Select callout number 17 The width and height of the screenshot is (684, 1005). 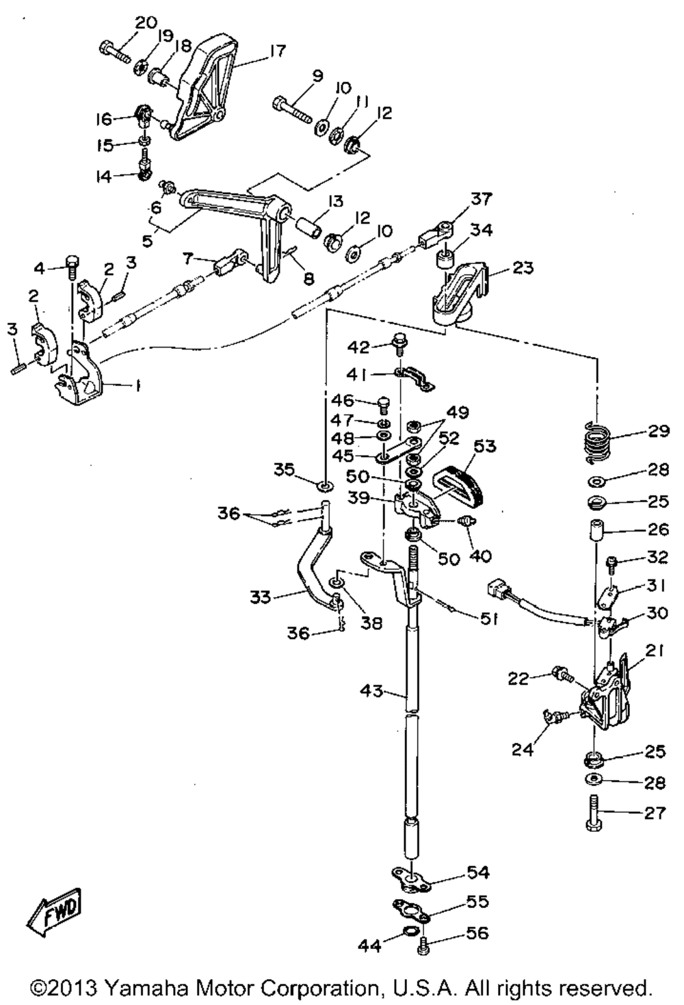[x=277, y=51]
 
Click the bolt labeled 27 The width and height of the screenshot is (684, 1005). [x=592, y=815]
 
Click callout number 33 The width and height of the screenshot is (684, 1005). [x=261, y=597]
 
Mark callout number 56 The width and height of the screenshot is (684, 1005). [x=478, y=932]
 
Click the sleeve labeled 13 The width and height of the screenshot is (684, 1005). [x=308, y=227]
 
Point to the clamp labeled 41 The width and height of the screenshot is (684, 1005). [x=416, y=380]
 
